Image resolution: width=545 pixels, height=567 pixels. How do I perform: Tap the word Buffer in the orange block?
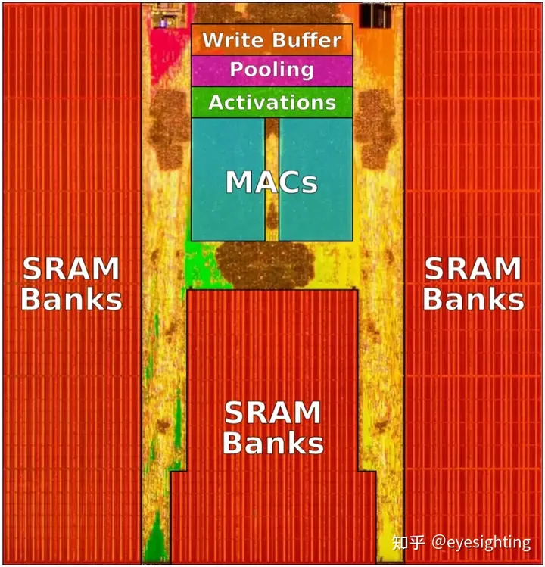click(x=304, y=39)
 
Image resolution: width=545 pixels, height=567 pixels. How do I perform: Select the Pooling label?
click(x=272, y=70)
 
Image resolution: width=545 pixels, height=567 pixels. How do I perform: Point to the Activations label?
click(x=272, y=102)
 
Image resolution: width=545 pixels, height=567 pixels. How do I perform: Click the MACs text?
click(x=271, y=182)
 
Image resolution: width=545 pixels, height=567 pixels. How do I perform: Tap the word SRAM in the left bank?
click(x=71, y=269)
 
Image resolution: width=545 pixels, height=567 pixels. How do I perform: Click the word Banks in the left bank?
click(x=71, y=300)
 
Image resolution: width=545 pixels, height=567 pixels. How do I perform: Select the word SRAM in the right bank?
click(x=473, y=269)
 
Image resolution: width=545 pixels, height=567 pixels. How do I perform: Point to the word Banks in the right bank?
click(x=473, y=300)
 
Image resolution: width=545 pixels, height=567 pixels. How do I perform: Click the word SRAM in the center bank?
click(x=272, y=413)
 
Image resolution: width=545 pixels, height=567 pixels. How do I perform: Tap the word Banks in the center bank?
click(x=272, y=444)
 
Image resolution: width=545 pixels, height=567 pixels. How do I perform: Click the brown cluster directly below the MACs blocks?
click(x=265, y=265)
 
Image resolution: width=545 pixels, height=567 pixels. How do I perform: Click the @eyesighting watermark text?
click(x=481, y=542)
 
